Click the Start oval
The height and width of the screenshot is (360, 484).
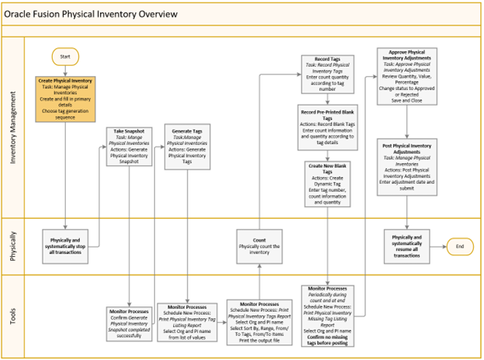65,56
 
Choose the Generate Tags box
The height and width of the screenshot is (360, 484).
187,147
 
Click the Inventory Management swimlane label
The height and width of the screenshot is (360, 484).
13,128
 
